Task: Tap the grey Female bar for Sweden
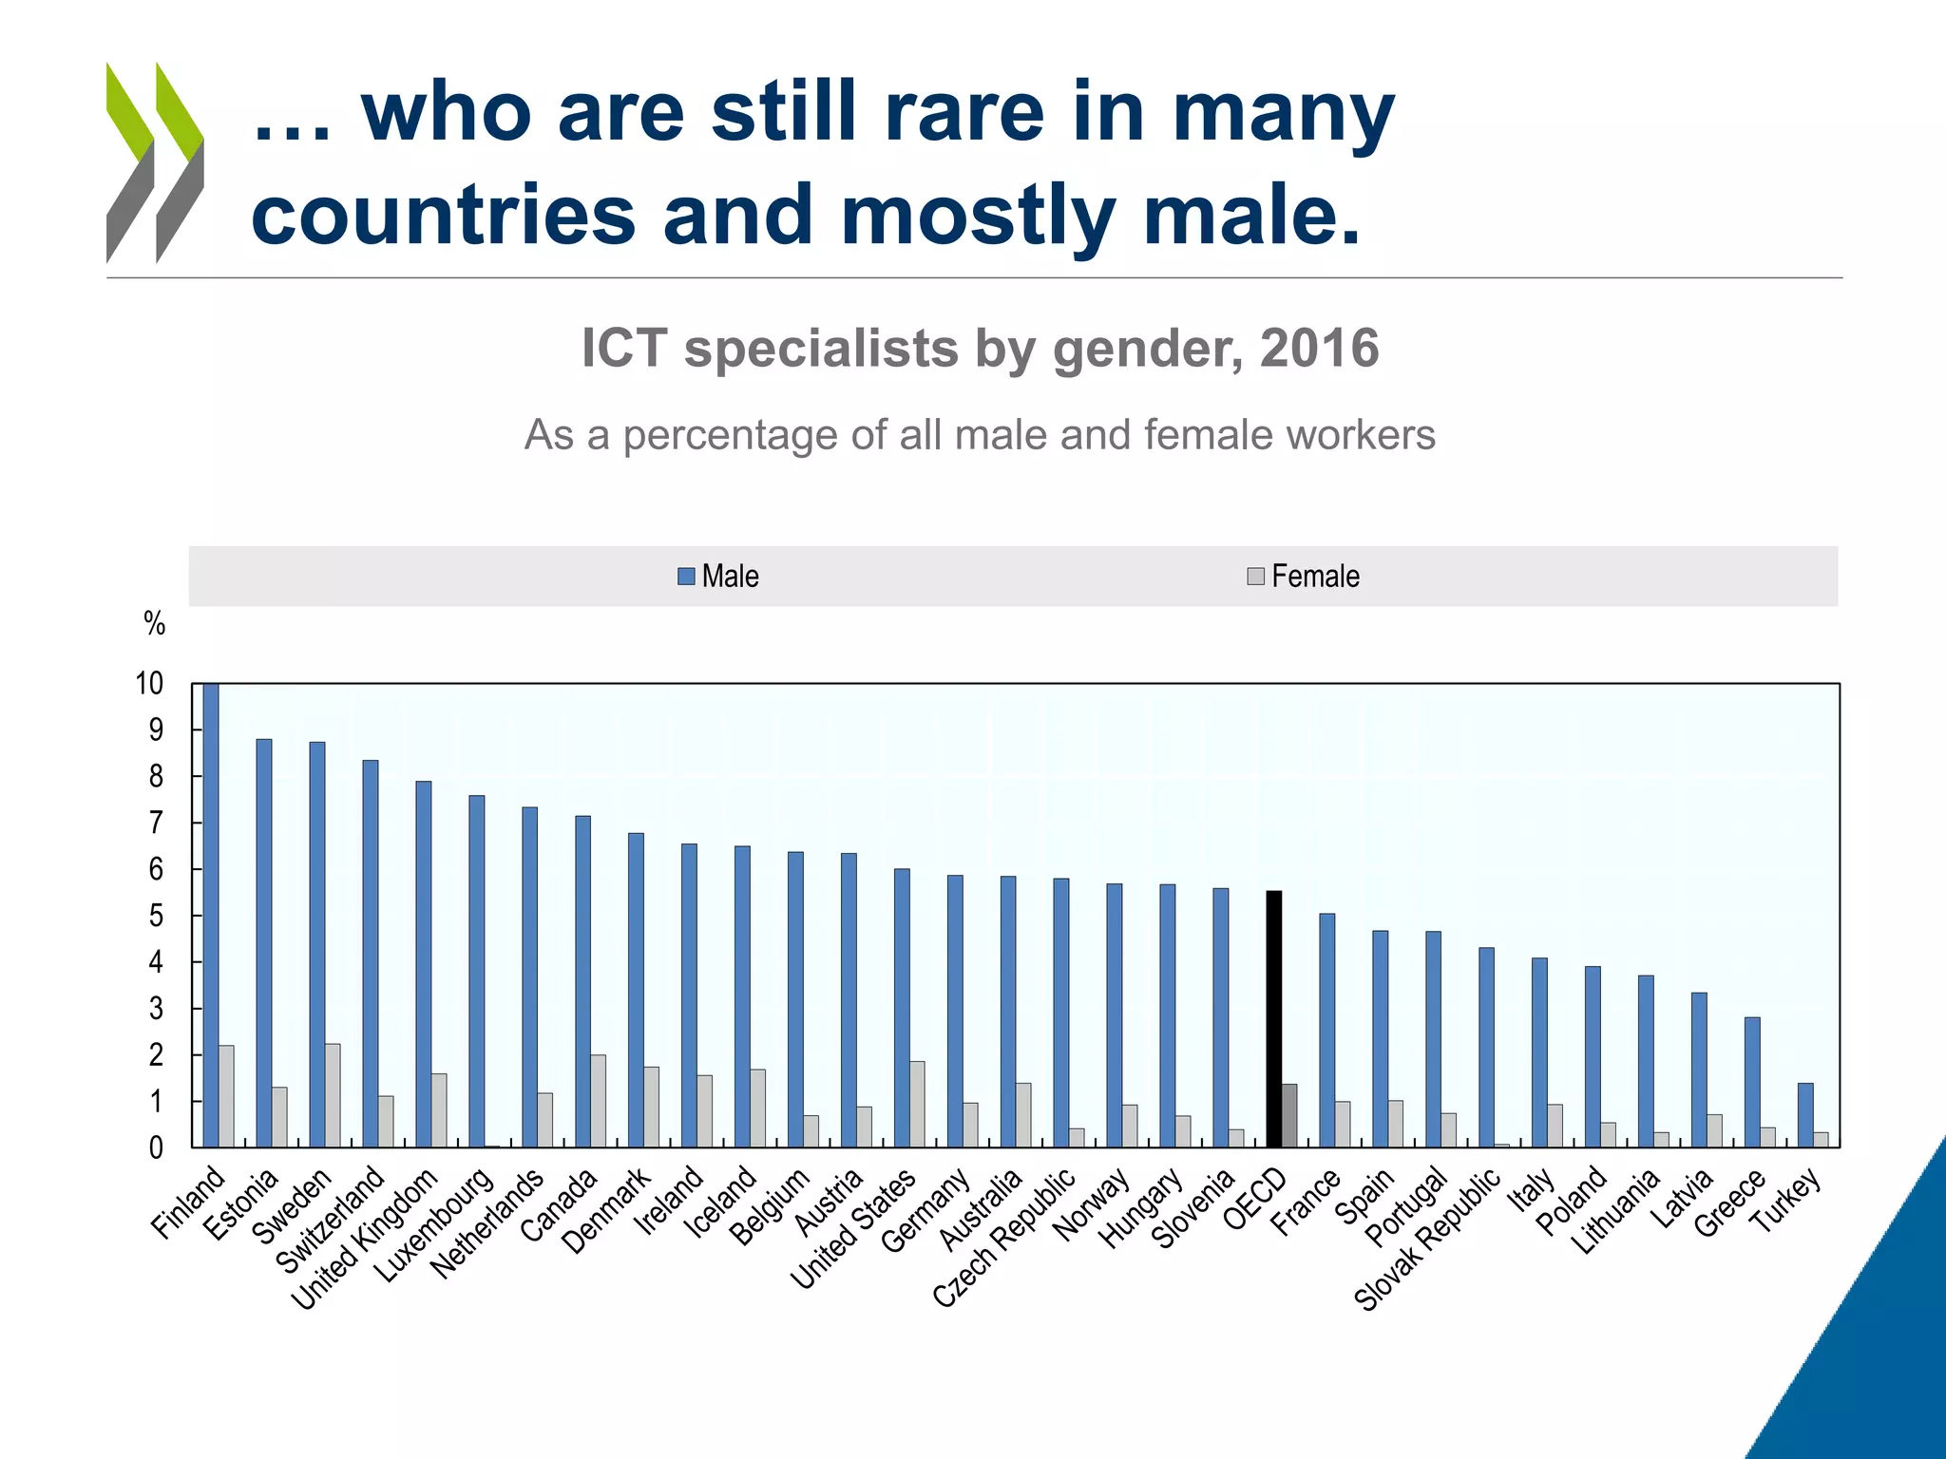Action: (333, 1096)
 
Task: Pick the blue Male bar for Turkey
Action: (1805, 1115)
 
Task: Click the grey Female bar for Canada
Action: (598, 1101)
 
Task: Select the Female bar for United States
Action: (917, 1104)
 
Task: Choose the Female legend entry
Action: (1304, 577)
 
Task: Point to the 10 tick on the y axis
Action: (149, 683)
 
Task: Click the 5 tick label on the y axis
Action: (156, 916)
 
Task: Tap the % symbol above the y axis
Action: (154, 624)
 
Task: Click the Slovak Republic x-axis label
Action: (1426, 1239)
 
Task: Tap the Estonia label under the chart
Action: (241, 1203)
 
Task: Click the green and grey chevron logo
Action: (155, 162)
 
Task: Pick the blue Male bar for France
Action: (1326, 1031)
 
